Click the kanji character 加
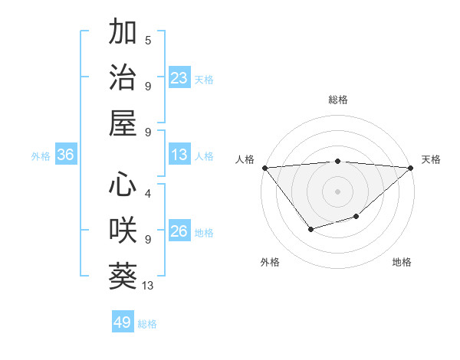[x=123, y=32]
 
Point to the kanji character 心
[x=123, y=185]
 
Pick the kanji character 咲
[x=123, y=231]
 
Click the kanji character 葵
[x=123, y=277]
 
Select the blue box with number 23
[x=179, y=78]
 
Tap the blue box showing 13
[x=179, y=155]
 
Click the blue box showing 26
[x=179, y=232]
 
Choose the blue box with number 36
[x=66, y=155]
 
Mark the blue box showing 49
[x=123, y=322]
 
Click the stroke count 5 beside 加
[x=148, y=40]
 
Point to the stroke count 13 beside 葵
[x=149, y=286]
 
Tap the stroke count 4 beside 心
[x=148, y=194]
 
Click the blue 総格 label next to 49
[x=147, y=324]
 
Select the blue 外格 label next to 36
[x=41, y=156]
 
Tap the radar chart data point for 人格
[x=264, y=168]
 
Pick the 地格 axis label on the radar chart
[x=402, y=263]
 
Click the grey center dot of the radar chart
[x=337, y=191]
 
